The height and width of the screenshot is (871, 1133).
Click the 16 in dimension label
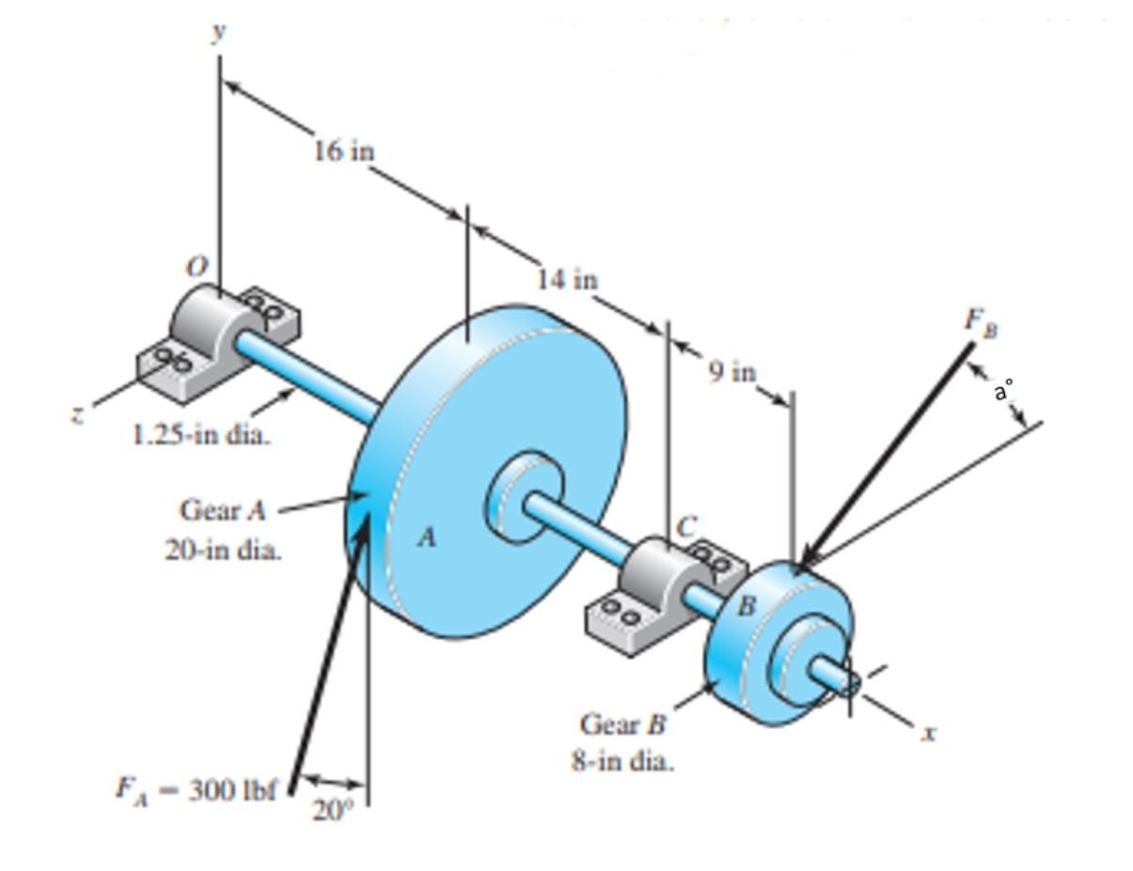pos(344,150)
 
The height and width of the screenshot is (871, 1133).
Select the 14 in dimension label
pos(567,279)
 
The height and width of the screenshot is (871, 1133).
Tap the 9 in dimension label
pos(732,372)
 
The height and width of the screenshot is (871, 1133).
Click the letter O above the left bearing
pos(196,268)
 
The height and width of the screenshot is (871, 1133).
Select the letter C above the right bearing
pos(688,528)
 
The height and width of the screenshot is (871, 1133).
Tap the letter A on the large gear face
pos(427,537)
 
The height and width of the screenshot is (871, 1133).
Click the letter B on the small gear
pos(746,606)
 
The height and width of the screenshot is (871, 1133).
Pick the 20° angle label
pos(330,810)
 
